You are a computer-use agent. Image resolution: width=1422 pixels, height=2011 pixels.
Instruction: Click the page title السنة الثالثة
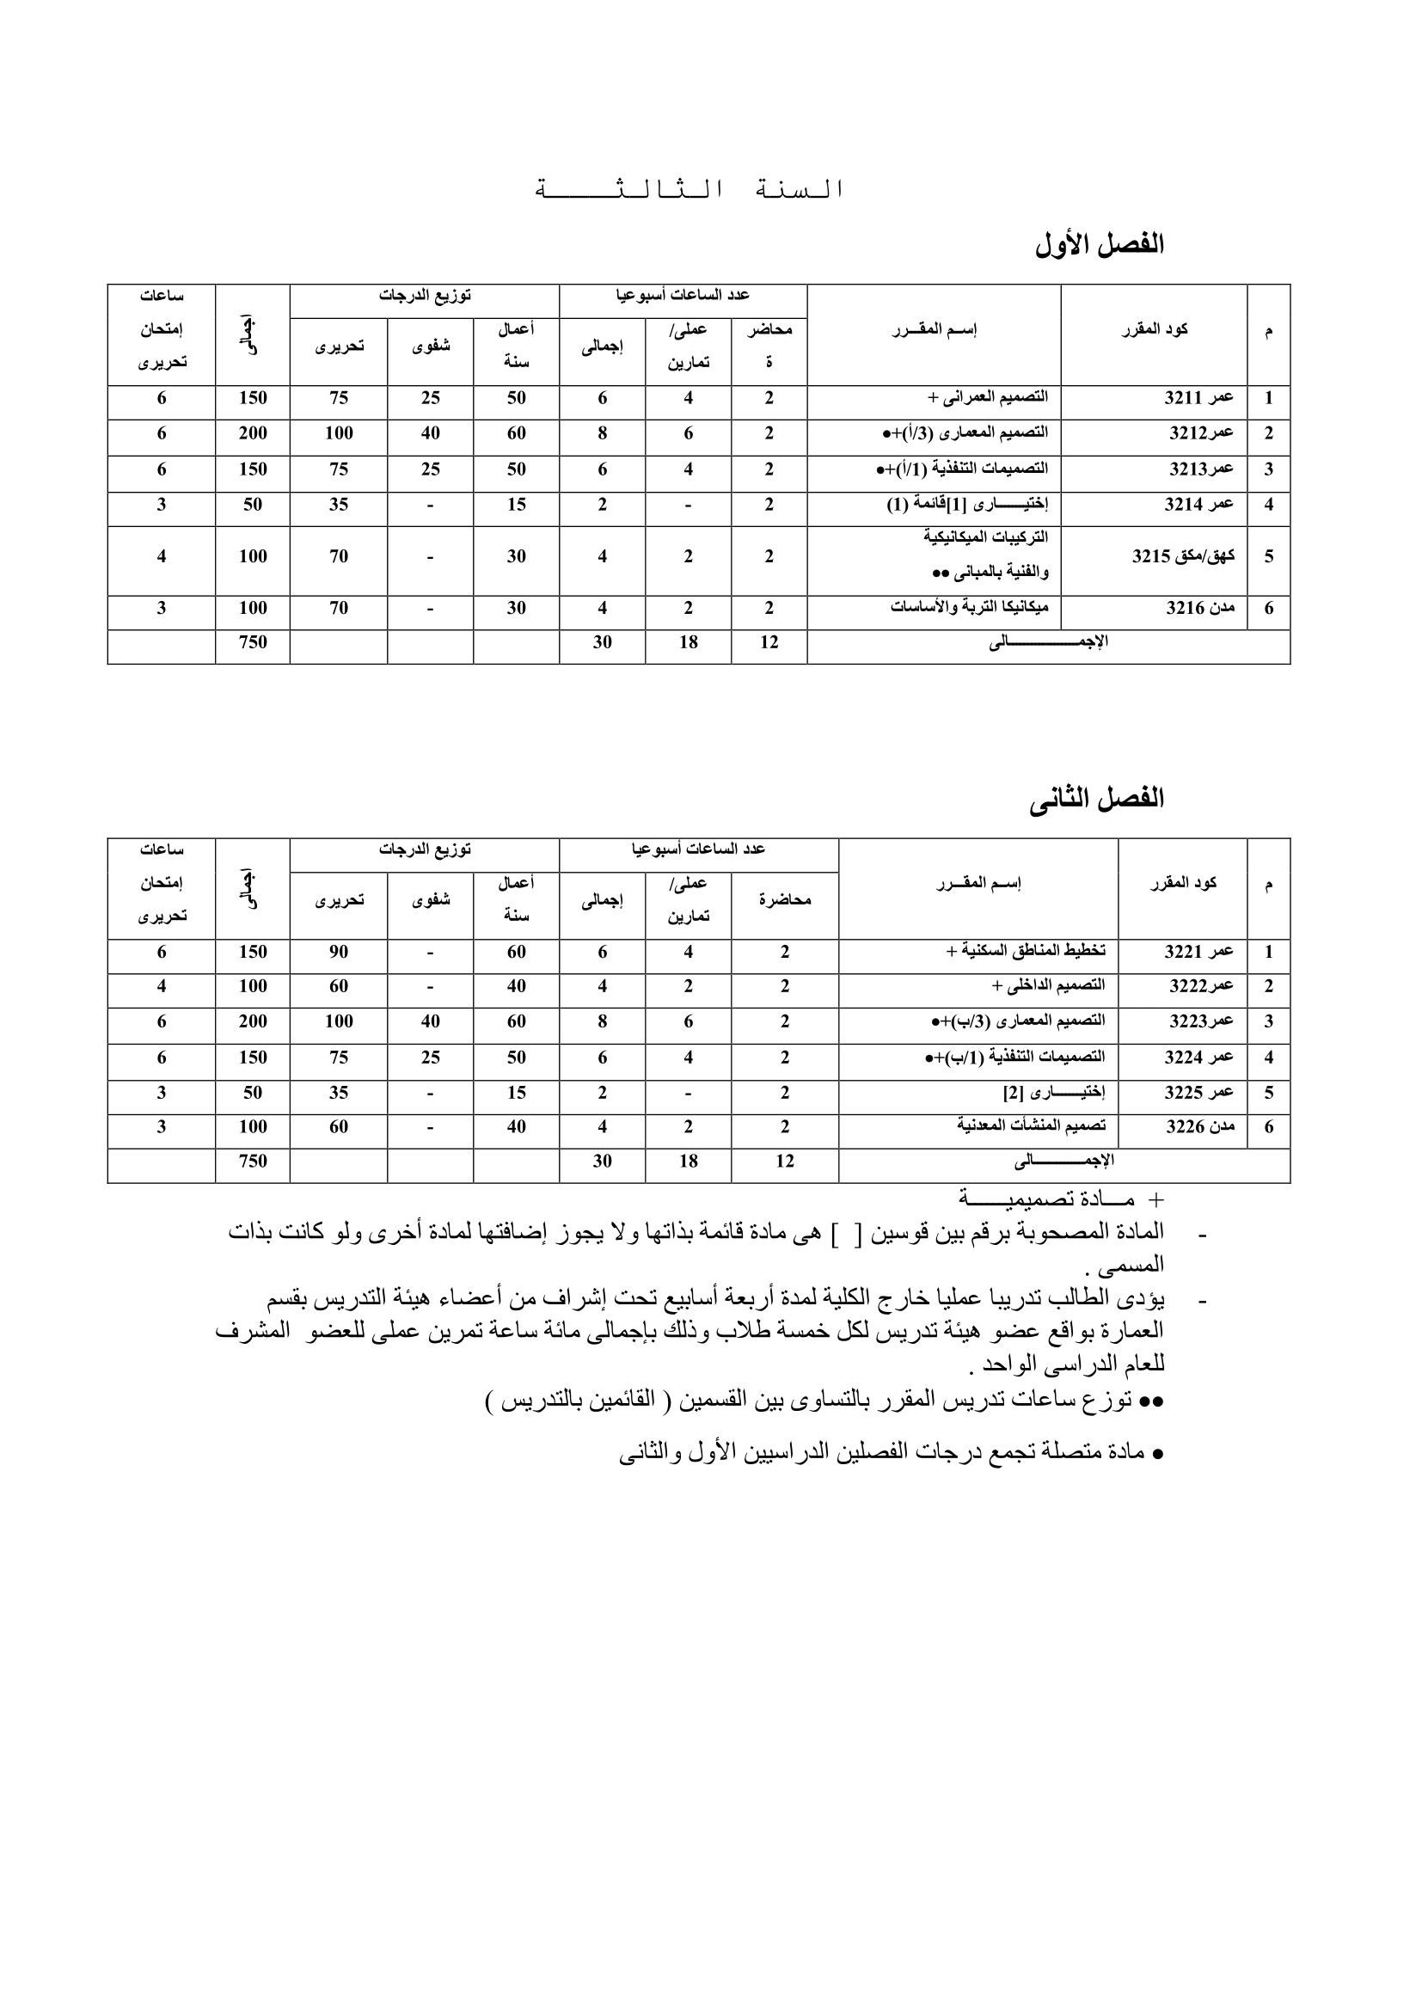point(690,189)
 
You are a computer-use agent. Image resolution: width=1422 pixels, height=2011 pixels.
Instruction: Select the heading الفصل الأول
point(1099,245)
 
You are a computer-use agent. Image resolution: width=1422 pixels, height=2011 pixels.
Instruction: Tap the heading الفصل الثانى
point(1096,799)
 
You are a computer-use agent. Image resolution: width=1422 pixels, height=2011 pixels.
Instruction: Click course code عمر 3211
point(1198,399)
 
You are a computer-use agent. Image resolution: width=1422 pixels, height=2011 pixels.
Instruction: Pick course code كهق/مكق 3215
point(1183,556)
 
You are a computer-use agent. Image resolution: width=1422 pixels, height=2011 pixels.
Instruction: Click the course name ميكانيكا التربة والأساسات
point(969,608)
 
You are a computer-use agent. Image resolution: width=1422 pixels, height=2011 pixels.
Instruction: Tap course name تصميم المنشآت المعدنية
point(1031,1126)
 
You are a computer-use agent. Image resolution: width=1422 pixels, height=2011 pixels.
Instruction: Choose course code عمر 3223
point(1201,1021)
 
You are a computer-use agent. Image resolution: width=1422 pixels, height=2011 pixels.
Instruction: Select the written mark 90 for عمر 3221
point(339,952)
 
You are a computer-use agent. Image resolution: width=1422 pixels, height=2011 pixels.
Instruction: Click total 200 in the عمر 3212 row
point(253,433)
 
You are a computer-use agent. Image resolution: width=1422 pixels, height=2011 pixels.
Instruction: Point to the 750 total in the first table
point(253,643)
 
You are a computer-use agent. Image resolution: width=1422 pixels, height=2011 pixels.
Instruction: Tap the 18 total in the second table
point(689,1162)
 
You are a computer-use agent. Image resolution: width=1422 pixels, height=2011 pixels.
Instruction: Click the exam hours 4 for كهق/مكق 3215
point(161,556)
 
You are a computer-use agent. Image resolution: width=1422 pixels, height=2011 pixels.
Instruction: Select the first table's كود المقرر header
point(1154,330)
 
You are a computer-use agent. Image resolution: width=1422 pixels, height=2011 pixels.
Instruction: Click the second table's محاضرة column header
point(785,900)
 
